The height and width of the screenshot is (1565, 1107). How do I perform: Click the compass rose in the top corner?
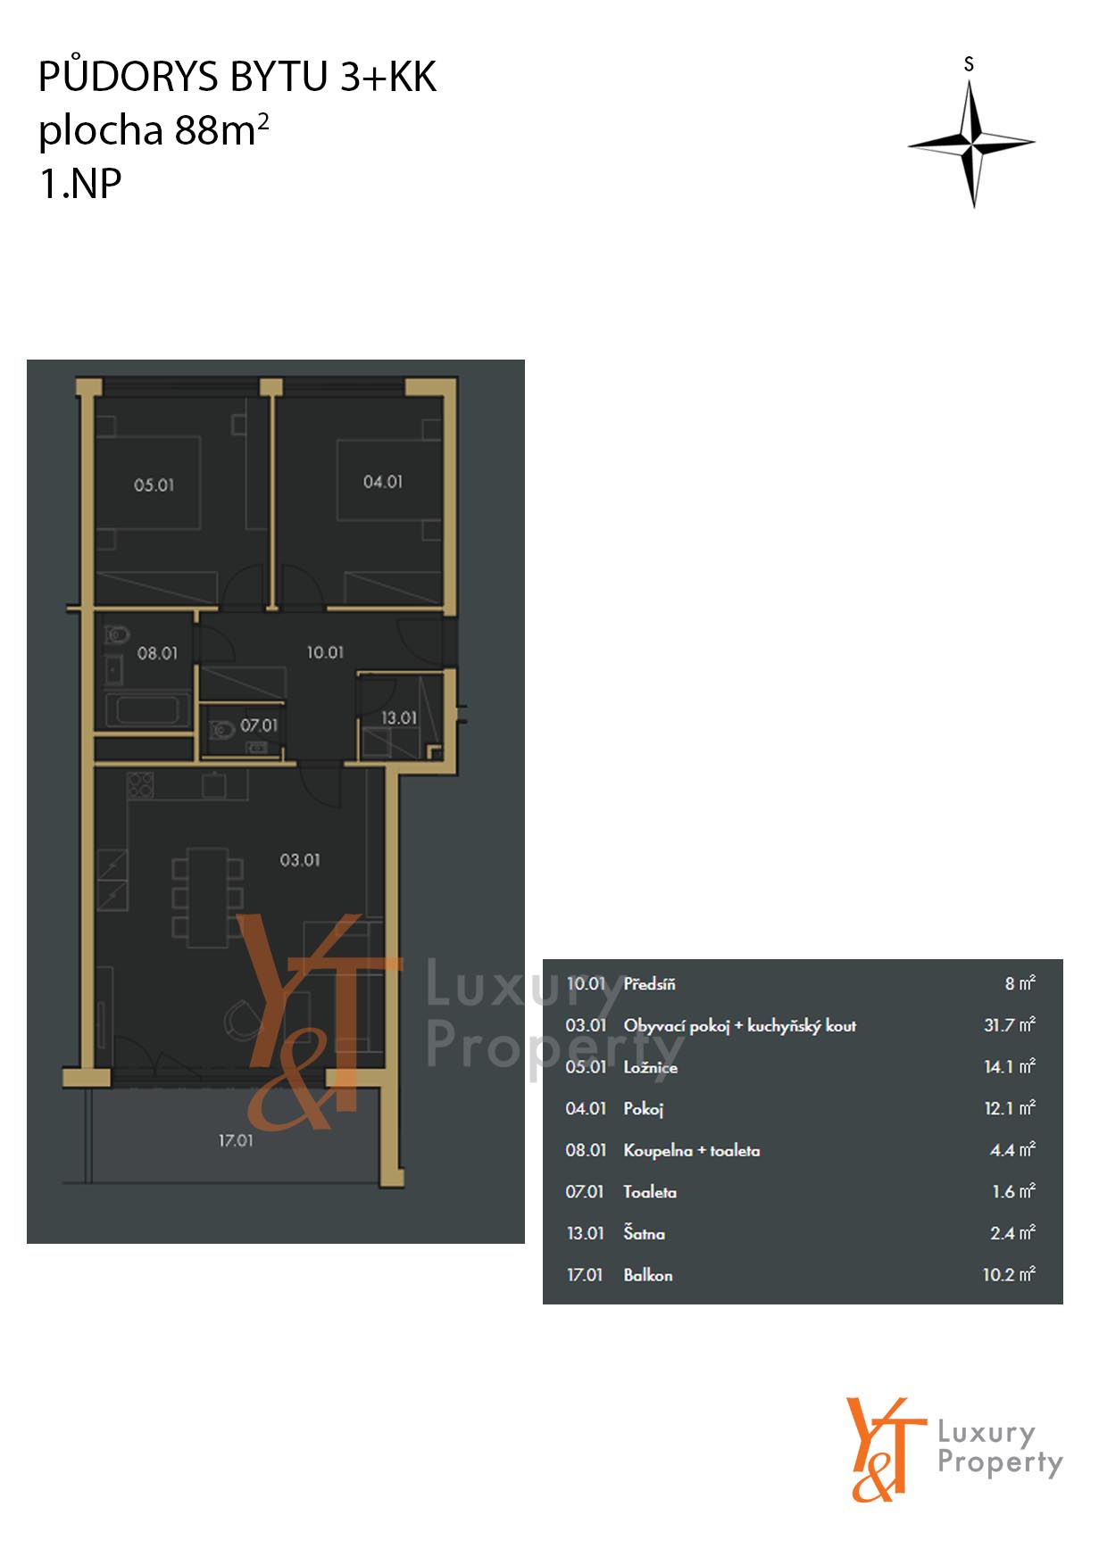(971, 143)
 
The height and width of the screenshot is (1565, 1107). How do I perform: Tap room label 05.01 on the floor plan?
(154, 485)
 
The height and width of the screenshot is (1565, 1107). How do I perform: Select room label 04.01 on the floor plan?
(383, 482)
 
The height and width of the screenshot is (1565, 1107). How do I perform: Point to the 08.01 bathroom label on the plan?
(157, 653)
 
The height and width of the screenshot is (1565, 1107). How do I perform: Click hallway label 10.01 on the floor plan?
(325, 652)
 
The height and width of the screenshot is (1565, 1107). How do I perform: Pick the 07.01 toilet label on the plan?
(259, 725)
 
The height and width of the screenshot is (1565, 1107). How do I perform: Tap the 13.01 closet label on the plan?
(399, 717)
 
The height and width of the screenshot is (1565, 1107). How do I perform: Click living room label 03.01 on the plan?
(300, 860)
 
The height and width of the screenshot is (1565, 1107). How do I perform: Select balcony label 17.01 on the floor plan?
(236, 1140)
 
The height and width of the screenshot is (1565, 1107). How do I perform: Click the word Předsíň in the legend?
(649, 984)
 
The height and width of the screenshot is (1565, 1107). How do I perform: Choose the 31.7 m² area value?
(1010, 1025)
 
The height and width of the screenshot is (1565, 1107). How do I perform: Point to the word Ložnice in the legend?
(651, 1067)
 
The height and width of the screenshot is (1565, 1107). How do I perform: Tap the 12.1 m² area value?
(1010, 1108)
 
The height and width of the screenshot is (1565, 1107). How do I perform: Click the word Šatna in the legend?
(644, 1233)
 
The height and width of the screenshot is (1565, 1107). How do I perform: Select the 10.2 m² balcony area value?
(1009, 1275)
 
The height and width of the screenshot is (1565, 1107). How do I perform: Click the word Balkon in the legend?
(648, 1275)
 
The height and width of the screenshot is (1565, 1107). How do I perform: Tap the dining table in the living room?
(207, 897)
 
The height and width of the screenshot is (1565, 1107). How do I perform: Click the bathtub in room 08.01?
(148, 711)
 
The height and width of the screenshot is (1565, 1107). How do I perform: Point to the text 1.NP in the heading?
(80, 184)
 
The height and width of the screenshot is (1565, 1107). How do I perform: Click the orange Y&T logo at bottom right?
(886, 1449)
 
